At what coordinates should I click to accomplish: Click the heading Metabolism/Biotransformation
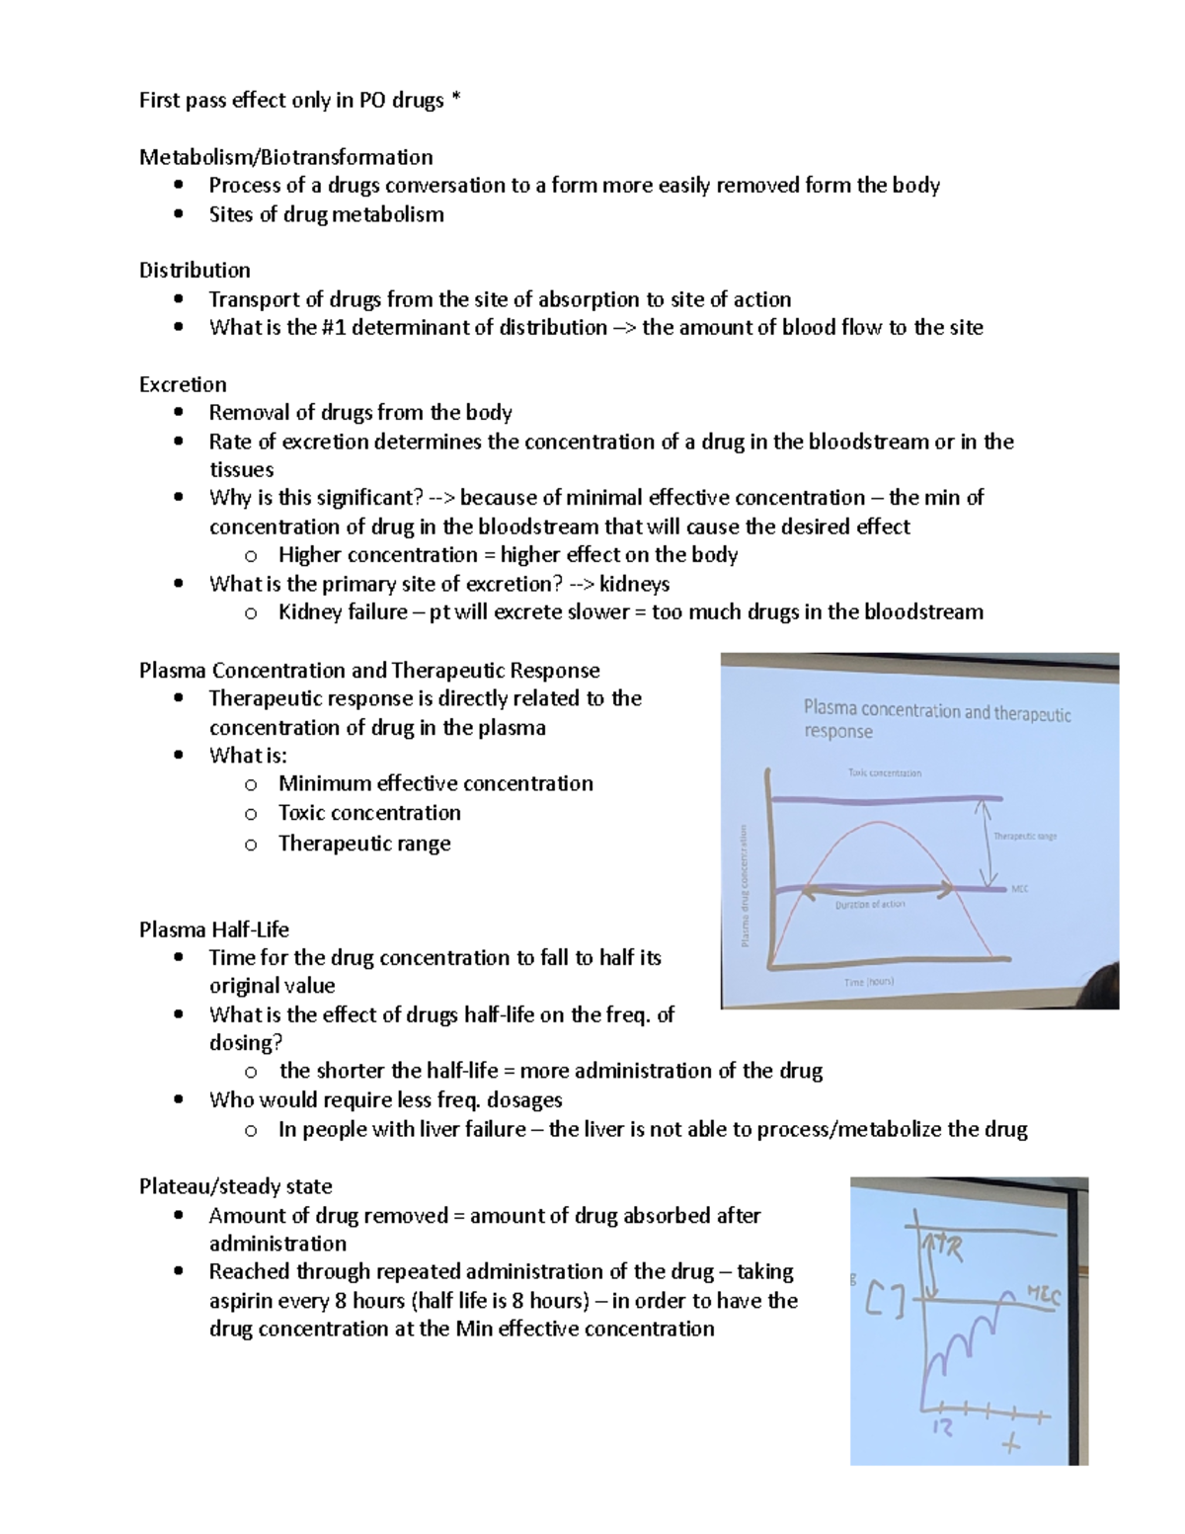(285, 157)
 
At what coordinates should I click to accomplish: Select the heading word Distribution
(195, 271)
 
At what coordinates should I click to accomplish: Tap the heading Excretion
(183, 384)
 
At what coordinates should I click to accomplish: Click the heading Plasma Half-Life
(213, 929)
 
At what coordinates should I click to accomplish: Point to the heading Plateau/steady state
(235, 1186)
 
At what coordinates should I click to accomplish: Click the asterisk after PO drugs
(455, 101)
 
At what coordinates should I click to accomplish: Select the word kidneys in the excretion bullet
(634, 584)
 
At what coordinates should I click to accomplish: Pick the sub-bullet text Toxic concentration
(369, 813)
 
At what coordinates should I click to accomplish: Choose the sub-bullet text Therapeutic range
(364, 844)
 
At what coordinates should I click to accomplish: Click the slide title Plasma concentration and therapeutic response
(936, 720)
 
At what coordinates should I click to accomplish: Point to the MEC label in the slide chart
(1020, 889)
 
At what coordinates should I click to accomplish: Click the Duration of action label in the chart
(869, 904)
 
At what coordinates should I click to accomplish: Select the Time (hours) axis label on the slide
(868, 982)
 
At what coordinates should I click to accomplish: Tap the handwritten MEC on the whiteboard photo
(1042, 1294)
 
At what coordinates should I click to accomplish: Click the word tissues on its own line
(241, 470)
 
